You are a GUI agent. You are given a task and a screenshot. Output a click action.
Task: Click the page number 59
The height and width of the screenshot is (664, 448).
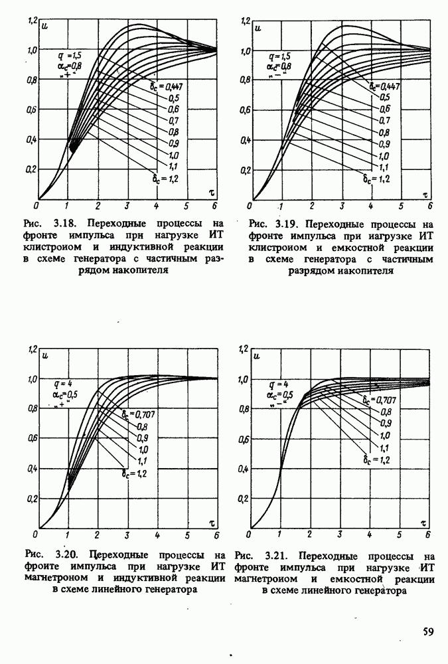tap(428, 631)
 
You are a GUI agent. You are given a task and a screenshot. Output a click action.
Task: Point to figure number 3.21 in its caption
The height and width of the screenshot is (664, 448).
tap(277, 555)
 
